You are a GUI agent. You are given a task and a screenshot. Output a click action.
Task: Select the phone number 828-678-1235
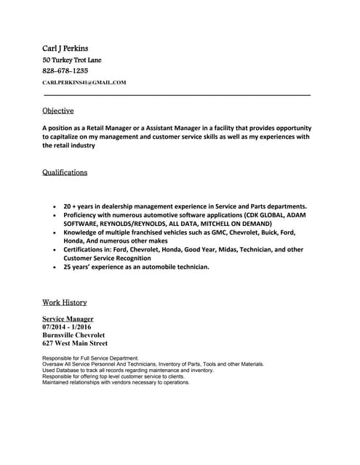click(65, 70)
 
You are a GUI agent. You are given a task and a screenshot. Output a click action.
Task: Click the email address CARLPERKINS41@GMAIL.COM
click(84, 83)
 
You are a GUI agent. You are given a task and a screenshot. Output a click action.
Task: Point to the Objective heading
click(58, 110)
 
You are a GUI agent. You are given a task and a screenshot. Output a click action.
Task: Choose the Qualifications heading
click(65, 173)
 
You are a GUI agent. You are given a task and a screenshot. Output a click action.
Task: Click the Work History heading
click(65, 302)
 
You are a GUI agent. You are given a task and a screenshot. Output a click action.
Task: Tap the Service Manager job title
click(68, 319)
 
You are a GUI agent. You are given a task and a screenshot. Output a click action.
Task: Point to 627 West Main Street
click(75, 343)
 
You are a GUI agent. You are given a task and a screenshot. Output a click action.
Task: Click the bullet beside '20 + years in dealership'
click(55, 206)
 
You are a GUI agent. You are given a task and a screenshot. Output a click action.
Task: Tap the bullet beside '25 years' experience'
click(55, 267)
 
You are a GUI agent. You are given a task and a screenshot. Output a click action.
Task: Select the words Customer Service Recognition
click(107, 258)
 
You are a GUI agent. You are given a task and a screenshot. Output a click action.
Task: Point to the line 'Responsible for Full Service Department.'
click(90, 358)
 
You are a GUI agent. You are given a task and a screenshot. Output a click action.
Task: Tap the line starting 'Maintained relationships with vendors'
click(116, 382)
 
